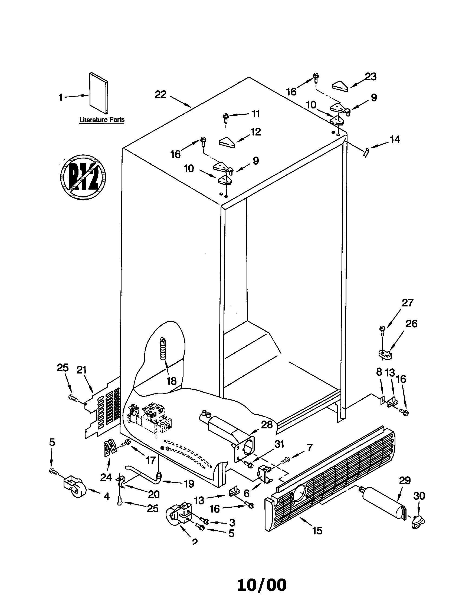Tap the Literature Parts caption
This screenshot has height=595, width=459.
[x=102, y=120]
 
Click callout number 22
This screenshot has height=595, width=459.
[x=160, y=95]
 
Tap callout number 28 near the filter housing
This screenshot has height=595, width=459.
[x=267, y=425]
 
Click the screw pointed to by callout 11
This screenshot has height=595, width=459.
[x=226, y=117]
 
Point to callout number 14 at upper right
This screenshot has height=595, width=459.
[x=395, y=140]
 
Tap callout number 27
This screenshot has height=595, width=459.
[x=408, y=303]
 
